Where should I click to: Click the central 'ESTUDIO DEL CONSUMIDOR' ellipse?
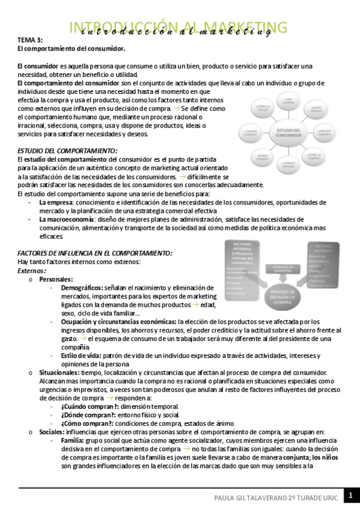288,134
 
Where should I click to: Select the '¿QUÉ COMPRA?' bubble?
288,102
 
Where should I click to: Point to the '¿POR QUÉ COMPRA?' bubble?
325,133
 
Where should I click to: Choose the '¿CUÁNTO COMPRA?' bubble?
251,134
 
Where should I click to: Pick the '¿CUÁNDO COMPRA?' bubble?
288,165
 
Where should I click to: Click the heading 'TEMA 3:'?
30,39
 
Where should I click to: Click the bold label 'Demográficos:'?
81,288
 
